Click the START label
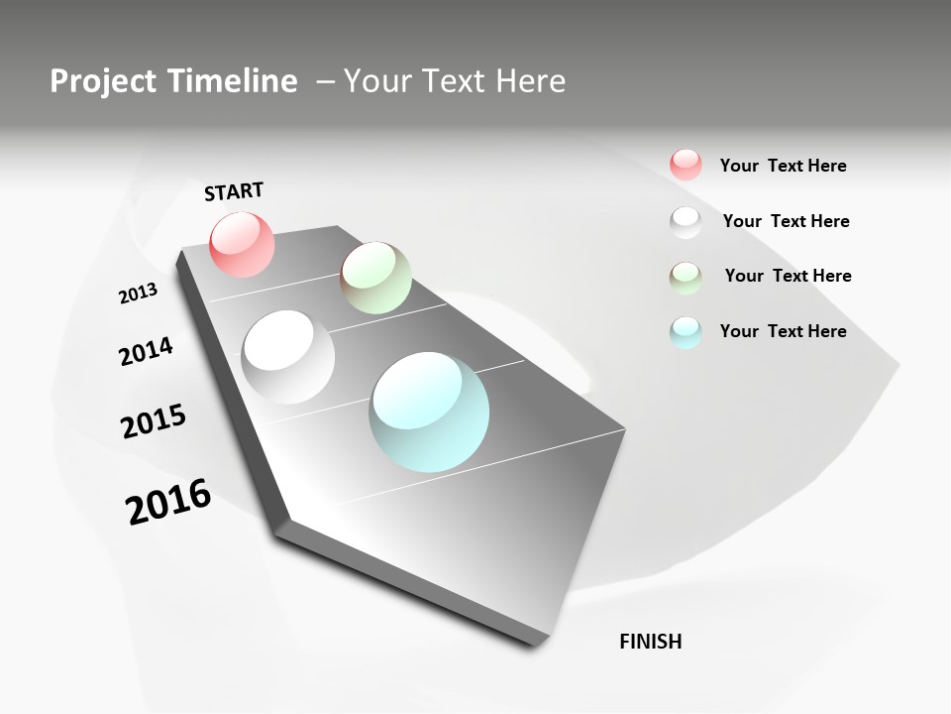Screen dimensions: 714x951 pyautogui.click(x=234, y=191)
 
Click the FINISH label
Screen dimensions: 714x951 pyautogui.click(x=651, y=642)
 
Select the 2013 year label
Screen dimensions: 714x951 pyautogui.click(x=138, y=293)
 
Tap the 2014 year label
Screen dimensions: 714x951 pyautogui.click(x=146, y=351)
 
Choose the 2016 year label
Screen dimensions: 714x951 pyautogui.click(x=168, y=502)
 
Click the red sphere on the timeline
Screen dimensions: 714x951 pyautogui.click(x=243, y=244)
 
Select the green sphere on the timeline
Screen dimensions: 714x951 pyautogui.click(x=375, y=277)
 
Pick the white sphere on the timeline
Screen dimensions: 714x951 pyautogui.click(x=288, y=357)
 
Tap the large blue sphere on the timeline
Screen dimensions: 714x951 pyautogui.click(x=429, y=412)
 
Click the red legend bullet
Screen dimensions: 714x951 pyautogui.click(x=686, y=165)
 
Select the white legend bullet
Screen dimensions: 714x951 pyautogui.click(x=686, y=221)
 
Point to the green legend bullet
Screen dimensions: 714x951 pyautogui.click(x=686, y=278)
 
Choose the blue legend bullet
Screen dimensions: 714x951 pyautogui.click(x=686, y=332)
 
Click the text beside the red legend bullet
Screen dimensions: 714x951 pyautogui.click(x=783, y=167)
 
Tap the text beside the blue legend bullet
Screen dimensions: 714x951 pyautogui.click(x=783, y=331)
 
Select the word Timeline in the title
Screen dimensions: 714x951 pyautogui.click(x=235, y=81)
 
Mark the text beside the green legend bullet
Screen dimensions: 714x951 pyautogui.click(x=788, y=276)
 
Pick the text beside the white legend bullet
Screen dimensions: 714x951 pyautogui.click(x=786, y=221)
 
